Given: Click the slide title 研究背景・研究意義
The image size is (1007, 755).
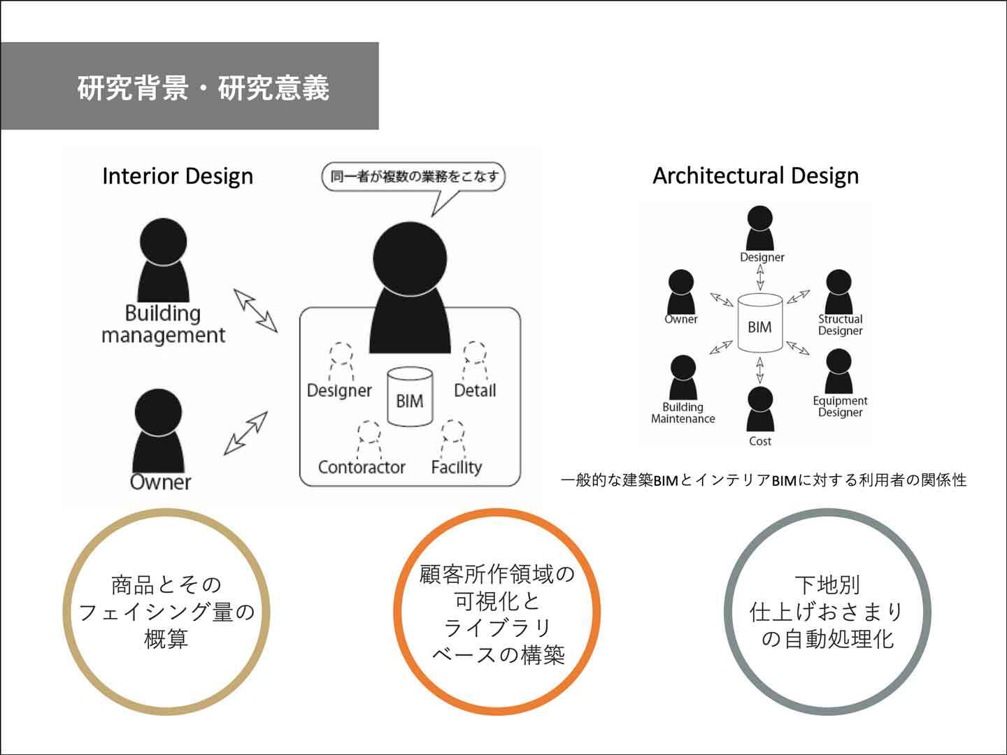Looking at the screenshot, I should pos(203,88).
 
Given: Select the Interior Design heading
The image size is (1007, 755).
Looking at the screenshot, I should pos(178,175).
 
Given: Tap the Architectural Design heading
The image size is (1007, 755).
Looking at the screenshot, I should pos(755,175).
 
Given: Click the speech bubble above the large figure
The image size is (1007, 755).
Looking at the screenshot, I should pos(413,177).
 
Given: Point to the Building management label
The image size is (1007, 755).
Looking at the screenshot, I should pos(163,324).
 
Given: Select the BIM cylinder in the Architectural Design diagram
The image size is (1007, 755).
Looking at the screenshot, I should pos(759,324).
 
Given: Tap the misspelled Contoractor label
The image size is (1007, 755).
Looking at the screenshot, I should pos(362,467).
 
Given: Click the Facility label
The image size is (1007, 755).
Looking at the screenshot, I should pos(457,467).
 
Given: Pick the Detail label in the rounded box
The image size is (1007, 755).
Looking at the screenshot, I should pos(475,390).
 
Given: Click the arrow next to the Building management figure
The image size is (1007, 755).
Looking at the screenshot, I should pos(255,310).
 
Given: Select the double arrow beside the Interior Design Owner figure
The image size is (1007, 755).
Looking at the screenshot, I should pos(245,433).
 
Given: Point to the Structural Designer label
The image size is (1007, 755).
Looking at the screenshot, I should pos(840,325).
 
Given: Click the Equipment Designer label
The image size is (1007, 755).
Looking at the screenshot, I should pos(840,407).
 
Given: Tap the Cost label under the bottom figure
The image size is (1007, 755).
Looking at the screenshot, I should pos(759,441).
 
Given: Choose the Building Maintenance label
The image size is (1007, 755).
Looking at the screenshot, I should pos(683,413).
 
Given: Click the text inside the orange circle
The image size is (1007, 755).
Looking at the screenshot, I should pos(497,614).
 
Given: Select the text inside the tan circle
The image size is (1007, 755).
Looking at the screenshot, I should pos(166,612).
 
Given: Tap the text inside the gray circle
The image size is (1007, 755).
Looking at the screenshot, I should pos(827,612).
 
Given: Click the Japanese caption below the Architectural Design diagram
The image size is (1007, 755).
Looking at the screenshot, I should pos(764,480).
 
